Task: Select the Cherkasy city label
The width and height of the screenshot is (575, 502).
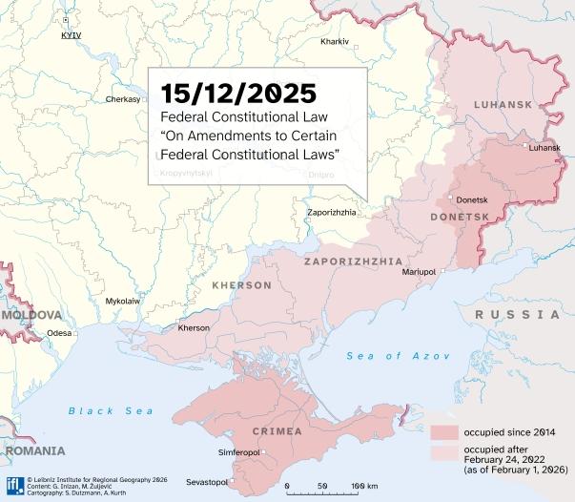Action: (123, 99)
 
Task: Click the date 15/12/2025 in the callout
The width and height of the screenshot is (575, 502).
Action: (238, 93)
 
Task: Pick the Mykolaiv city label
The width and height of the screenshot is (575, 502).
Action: (122, 301)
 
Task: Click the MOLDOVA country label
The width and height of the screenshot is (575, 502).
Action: (31, 314)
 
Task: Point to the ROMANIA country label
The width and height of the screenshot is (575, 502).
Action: (33, 450)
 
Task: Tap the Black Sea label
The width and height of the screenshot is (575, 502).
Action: (111, 410)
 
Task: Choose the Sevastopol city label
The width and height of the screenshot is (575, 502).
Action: (206, 481)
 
